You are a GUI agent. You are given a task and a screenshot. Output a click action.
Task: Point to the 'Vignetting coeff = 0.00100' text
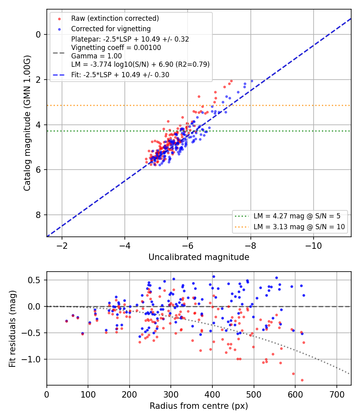116,48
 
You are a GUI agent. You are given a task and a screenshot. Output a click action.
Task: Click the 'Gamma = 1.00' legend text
96,56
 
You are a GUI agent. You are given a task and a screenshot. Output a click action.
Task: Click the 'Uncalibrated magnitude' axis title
199,257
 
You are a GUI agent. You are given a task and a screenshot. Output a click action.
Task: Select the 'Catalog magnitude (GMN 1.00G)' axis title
27,123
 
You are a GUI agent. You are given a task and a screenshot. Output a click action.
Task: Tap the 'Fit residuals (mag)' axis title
12,329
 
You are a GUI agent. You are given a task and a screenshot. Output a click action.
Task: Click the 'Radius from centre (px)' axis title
199,406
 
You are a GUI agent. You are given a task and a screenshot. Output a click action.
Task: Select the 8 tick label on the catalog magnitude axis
38,215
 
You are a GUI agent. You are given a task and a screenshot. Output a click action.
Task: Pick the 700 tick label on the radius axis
336,394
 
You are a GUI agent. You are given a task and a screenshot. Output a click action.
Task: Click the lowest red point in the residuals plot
302,380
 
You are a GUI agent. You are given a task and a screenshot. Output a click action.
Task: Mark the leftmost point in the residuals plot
66,321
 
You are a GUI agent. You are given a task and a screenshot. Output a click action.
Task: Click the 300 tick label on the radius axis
171,394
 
